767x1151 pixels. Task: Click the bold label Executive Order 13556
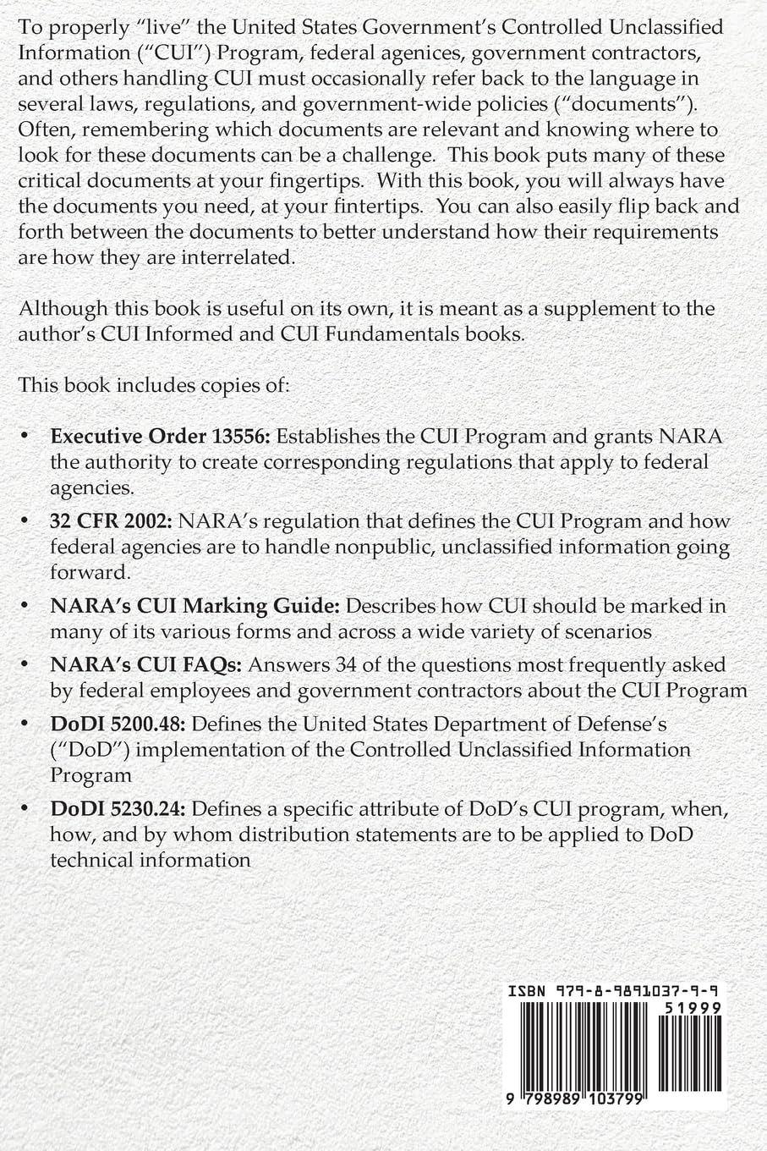tap(160, 437)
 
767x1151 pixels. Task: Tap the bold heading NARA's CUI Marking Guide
tap(195, 606)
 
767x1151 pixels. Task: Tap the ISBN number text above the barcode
tap(606, 990)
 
